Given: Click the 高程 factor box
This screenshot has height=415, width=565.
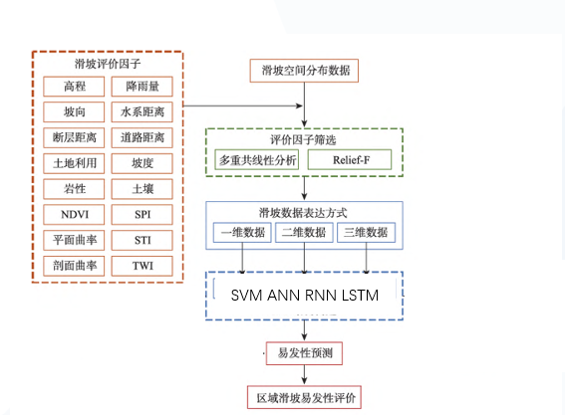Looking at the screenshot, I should tap(74, 86).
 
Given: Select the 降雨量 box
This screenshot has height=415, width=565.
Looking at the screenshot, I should tap(141, 86).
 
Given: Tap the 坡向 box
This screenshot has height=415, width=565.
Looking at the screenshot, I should tap(74, 110).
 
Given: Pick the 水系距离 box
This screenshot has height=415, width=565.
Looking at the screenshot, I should tap(141, 110).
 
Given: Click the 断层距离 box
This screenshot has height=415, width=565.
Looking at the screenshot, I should tap(74, 136).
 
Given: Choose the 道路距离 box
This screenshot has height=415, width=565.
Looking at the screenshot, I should tap(141, 136).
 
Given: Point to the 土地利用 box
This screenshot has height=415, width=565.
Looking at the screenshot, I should tap(74, 162).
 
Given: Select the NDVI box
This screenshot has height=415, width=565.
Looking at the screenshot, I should tap(74, 214).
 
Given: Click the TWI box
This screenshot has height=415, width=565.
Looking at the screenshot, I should tap(141, 266).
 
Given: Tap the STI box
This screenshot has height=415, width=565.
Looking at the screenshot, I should tap(141, 240).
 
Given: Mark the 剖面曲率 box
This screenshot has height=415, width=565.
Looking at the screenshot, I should tap(74, 266).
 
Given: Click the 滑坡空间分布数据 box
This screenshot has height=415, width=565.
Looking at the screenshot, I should tap(303, 71).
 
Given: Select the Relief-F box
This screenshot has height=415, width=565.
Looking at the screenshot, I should tap(350, 160).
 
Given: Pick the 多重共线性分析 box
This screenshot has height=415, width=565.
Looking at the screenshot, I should tap(257, 160).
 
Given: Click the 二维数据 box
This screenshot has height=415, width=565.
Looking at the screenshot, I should tap(303, 233).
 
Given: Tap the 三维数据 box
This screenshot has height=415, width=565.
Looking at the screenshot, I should tap(366, 233).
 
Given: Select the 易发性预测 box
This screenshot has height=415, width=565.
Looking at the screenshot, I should tap(303, 352).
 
